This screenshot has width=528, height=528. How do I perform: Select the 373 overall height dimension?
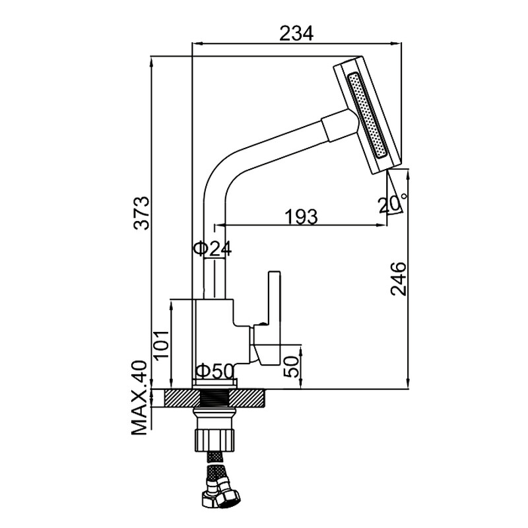pyautogui.click(x=142, y=213)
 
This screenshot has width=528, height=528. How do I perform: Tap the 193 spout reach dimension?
pyautogui.click(x=301, y=216)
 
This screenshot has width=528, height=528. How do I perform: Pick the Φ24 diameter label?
pyautogui.click(x=213, y=249)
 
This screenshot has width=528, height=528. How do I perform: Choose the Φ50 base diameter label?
pyautogui.click(x=215, y=372)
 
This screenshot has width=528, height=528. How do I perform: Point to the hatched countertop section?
pyautogui.click(x=178, y=398)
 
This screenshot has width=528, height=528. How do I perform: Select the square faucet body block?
pyautogui.click(x=214, y=330)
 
